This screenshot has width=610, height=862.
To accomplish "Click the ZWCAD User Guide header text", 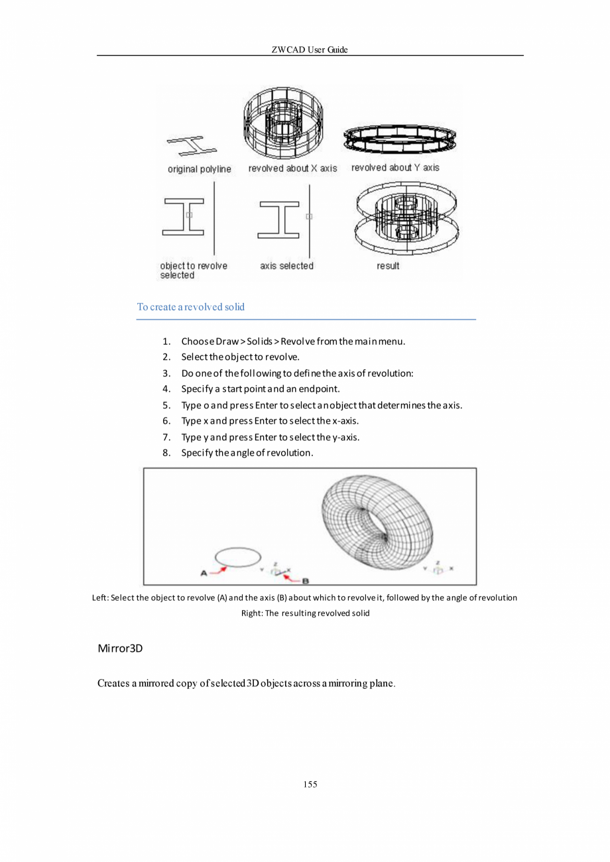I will [x=310, y=50].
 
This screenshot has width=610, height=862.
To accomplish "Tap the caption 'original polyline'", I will [x=199, y=169].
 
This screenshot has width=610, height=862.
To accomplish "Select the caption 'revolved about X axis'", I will [x=292, y=168].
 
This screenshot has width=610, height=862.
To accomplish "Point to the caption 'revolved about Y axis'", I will [x=395, y=168].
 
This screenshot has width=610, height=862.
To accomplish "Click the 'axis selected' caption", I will [x=286, y=266].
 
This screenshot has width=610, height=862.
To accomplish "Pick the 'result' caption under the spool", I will [x=388, y=266].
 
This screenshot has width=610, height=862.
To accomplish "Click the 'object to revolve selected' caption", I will [x=193, y=271].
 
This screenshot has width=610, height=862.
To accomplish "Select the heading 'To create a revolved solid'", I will [x=190, y=307].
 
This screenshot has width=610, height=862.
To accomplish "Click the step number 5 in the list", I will [x=166, y=404].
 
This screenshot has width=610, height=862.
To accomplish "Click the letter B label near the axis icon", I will [x=306, y=581].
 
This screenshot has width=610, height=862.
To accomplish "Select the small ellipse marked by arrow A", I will [x=237, y=557].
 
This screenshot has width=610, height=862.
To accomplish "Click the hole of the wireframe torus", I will [x=380, y=528].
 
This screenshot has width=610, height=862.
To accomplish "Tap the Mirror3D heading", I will [x=120, y=648].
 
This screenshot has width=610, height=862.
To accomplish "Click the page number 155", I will [x=310, y=784].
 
